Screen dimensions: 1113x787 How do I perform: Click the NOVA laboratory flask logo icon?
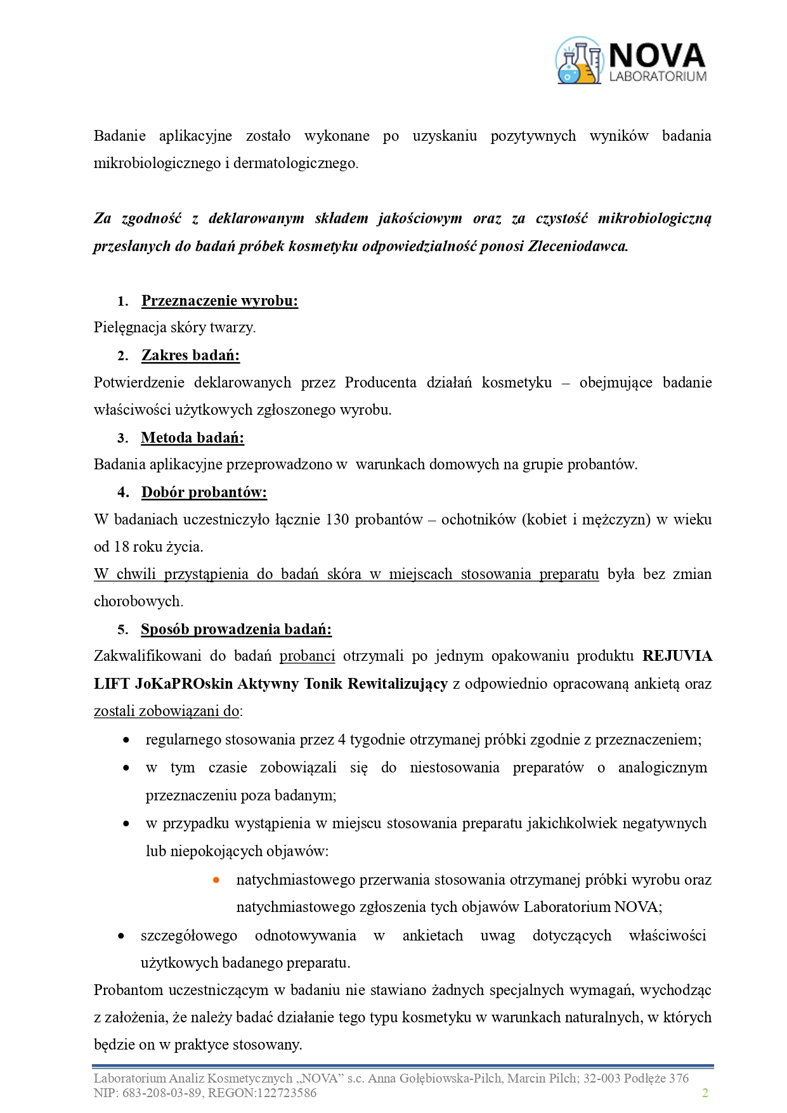(578, 61)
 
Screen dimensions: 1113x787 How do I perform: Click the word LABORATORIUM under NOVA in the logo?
(658, 77)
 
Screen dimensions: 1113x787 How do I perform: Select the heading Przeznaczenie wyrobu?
(219, 301)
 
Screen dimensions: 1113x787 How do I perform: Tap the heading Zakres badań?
(190, 355)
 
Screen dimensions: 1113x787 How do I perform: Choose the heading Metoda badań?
(192, 438)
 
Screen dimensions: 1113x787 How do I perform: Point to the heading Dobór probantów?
(204, 492)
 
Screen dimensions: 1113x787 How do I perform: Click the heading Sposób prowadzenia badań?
(236, 629)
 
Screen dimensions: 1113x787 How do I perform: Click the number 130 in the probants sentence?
(337, 519)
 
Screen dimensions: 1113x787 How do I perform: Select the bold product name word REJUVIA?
(677, 656)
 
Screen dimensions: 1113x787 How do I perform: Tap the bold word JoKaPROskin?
(184, 684)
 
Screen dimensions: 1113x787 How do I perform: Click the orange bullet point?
(216, 880)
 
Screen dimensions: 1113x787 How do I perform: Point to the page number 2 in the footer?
(705, 1093)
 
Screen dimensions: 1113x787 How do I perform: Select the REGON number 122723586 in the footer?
(286, 1093)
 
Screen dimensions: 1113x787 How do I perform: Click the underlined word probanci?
(307, 656)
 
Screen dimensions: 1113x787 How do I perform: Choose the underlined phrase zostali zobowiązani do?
(166, 711)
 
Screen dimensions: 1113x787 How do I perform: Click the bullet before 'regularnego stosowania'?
(127, 739)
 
